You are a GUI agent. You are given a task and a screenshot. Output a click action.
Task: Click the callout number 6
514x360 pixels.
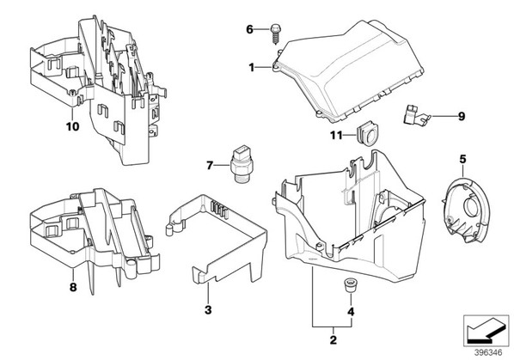[x=250, y=29]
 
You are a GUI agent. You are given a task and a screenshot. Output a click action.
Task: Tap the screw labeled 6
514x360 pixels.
[x=275, y=34]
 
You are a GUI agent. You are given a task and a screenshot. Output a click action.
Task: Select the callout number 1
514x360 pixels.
[x=252, y=68]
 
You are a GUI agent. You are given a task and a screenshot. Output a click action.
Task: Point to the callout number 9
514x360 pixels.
[x=462, y=116]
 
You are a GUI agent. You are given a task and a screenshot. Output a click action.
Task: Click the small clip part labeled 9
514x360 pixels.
[x=415, y=114]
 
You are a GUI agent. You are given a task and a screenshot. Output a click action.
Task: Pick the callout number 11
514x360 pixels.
[x=336, y=135]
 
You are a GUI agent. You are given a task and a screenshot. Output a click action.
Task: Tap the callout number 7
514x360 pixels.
[x=210, y=166]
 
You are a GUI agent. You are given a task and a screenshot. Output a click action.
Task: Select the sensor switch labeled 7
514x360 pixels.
[x=240, y=162]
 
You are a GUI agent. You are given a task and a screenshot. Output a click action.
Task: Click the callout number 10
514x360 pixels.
[x=73, y=126]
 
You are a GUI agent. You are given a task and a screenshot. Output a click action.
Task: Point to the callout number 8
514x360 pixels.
[x=73, y=287]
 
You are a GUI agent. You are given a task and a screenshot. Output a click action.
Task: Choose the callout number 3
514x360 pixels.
[x=208, y=309]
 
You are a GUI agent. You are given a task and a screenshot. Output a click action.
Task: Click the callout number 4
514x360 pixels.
[x=351, y=312]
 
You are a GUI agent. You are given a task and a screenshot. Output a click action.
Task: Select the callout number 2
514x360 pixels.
[x=333, y=339]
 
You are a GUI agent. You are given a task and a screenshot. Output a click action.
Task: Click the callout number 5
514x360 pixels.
[x=462, y=160]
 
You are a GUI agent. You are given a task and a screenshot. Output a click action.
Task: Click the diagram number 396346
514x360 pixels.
[x=488, y=353]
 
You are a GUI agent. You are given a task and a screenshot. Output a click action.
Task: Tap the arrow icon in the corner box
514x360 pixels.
[x=484, y=331]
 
